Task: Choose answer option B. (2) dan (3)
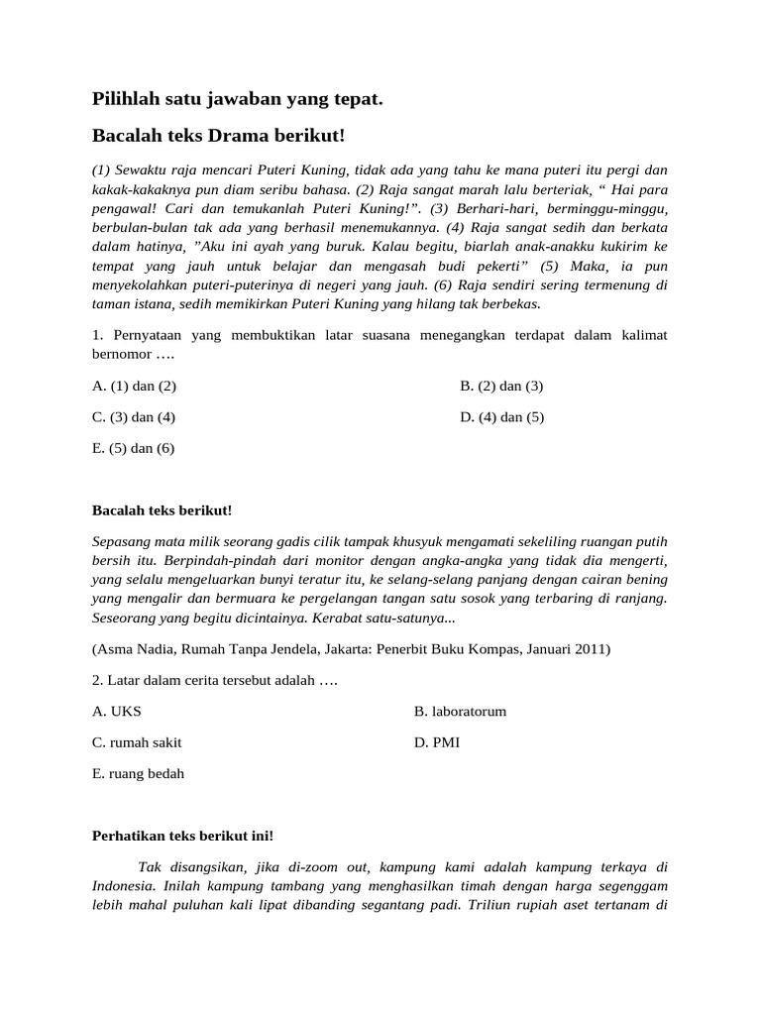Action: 501,386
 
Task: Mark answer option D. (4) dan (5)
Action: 502,416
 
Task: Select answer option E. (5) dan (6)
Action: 133,448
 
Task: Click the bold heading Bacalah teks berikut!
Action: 162,510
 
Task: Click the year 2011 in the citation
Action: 593,649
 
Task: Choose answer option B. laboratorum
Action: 460,711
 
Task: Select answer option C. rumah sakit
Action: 137,741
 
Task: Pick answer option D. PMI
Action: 437,741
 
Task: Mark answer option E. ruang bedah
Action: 138,773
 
